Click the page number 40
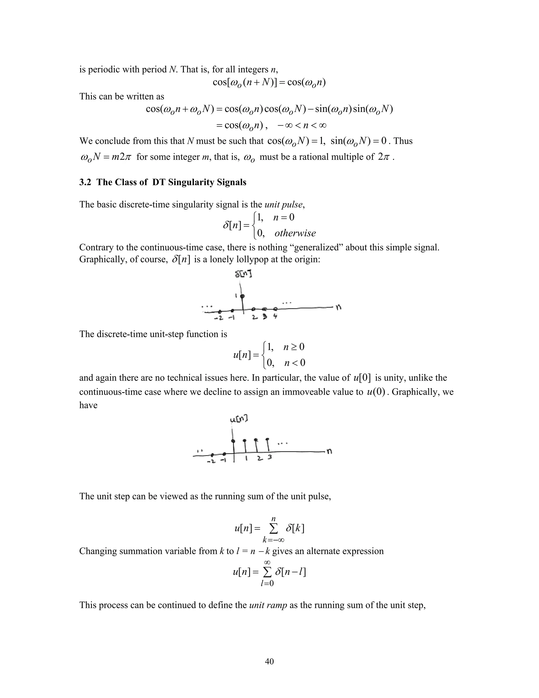(269, 661)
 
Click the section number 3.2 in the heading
(85, 182)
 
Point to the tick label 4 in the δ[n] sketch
(275, 317)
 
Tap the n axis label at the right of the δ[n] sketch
(338, 307)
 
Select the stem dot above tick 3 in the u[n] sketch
(267, 439)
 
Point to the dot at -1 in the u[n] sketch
(224, 454)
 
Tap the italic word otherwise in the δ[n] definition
(295, 233)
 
